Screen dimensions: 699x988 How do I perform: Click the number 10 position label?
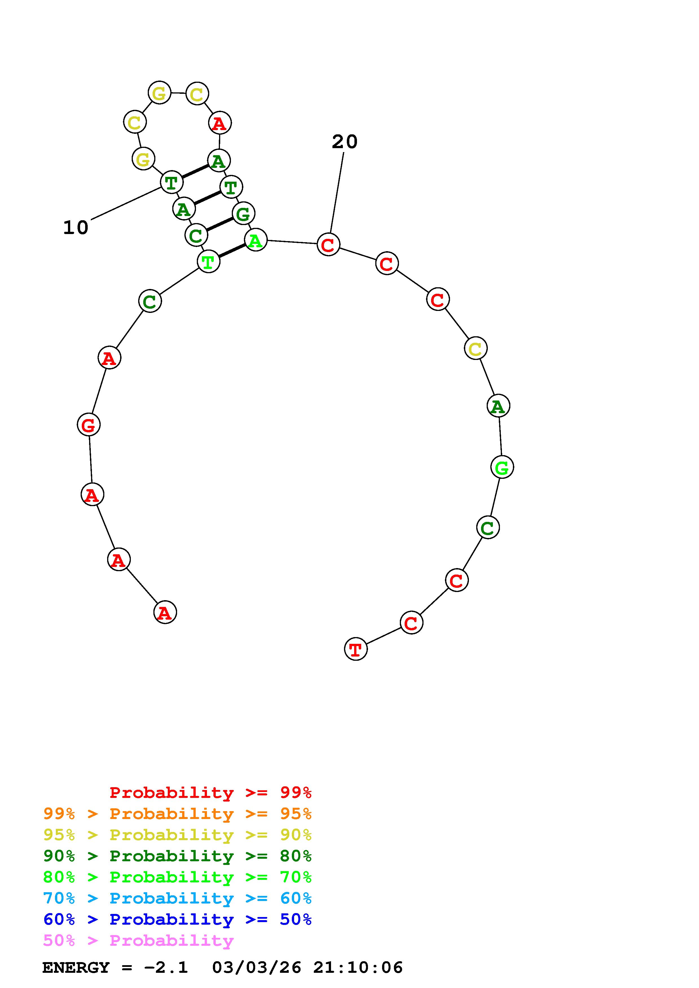(76, 228)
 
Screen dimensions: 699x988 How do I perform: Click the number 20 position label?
(345, 142)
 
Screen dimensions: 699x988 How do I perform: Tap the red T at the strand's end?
(356, 649)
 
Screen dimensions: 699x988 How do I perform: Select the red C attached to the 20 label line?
(328, 245)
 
